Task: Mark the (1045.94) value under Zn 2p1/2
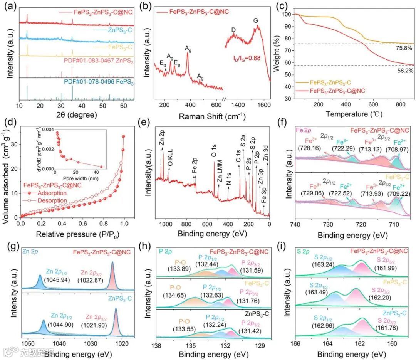point(56,279)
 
